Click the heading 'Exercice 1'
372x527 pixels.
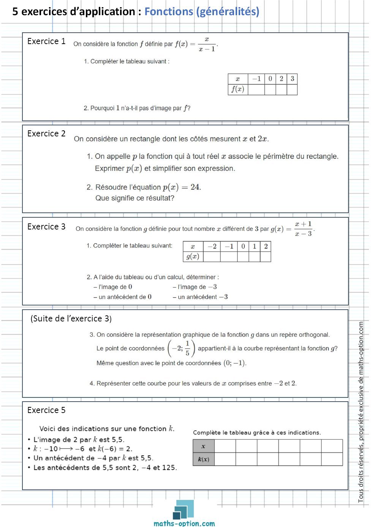[46, 41]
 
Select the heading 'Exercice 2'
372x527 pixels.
[46, 134]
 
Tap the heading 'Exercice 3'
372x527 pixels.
[46, 227]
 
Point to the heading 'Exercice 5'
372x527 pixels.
[46, 410]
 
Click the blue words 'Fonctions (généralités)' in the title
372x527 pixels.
[202, 12]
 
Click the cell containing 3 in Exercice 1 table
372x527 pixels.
[292, 79]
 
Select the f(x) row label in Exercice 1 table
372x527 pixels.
[238, 89]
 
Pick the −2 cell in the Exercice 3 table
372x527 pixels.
[212, 246]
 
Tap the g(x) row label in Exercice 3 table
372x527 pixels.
[193, 256]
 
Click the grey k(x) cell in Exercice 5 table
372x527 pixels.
[204, 459]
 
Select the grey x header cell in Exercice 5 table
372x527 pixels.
[204, 446]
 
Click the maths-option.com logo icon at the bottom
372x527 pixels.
[184, 509]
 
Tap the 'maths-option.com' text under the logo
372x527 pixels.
[184, 524]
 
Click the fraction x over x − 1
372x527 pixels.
[207, 44]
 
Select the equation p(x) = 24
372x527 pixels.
[182, 187]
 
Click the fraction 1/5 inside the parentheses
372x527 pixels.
[187, 348]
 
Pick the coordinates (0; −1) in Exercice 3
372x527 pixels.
[235, 363]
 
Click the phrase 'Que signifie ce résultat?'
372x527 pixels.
[135, 198]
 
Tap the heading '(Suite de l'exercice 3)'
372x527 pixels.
[71, 319]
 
